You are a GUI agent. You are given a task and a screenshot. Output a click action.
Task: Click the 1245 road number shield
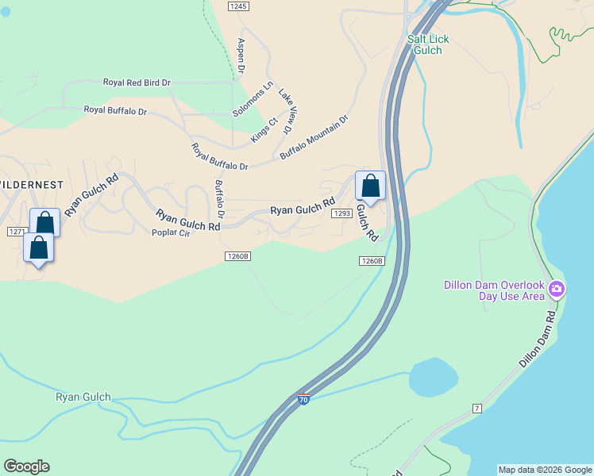coord(237,6)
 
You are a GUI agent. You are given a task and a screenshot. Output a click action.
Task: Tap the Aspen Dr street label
coord(241,56)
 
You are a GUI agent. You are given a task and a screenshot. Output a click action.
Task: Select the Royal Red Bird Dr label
coord(137,83)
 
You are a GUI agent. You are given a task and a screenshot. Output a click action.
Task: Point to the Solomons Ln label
coord(253,98)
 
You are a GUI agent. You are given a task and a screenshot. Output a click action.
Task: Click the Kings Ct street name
coord(264,130)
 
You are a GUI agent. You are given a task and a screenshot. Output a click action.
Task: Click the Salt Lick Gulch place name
coord(424,44)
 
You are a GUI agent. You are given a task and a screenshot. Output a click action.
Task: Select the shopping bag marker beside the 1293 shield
coord(370,186)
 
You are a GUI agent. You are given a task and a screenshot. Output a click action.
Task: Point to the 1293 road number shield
coord(342,213)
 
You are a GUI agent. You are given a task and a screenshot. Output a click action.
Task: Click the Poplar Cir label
coord(171,232)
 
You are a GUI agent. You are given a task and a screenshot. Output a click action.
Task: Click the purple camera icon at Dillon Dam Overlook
coord(557,289)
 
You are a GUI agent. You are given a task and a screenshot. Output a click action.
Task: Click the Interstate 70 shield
coord(303,400)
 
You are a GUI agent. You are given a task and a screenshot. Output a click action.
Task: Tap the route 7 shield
coord(477,408)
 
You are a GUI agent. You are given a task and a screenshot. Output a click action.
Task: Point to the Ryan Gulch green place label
coord(83,397)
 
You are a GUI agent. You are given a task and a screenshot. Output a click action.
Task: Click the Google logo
coord(26,466)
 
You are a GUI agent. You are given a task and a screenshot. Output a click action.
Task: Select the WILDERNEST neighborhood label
coord(30,184)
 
